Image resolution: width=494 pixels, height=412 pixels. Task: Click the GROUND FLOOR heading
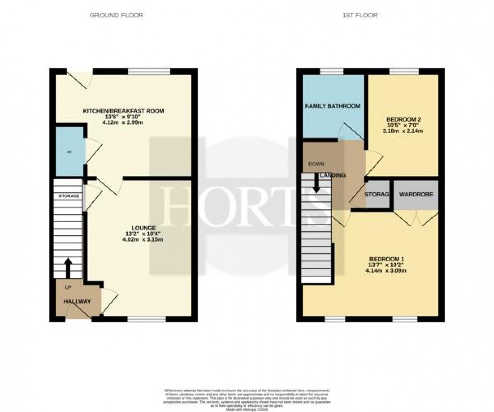click(116, 15)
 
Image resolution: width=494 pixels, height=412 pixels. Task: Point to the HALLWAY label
click(77, 301)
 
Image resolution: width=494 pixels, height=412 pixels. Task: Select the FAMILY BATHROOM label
click(333, 106)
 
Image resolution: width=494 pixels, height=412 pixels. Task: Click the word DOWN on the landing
click(316, 164)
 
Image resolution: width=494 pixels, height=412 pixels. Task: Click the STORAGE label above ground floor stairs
click(69, 196)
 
